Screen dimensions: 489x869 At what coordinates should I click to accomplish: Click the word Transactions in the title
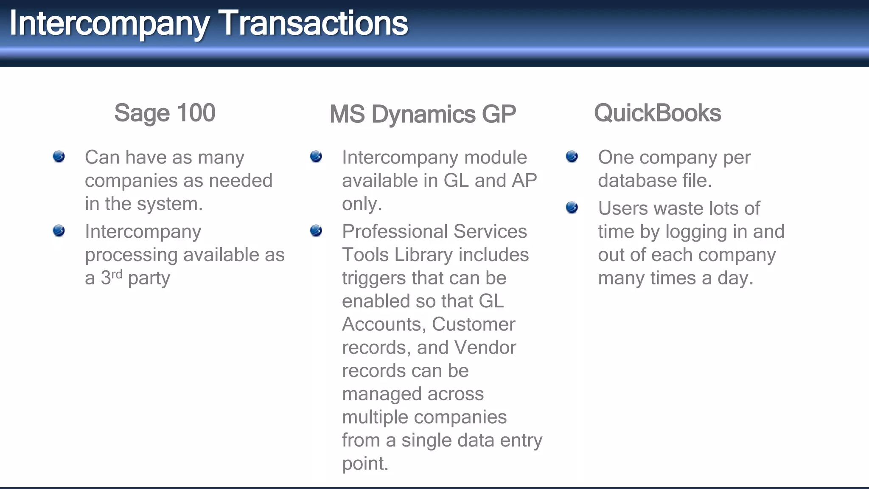coord(314,23)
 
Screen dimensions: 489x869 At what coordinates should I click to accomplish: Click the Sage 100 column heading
coord(165,113)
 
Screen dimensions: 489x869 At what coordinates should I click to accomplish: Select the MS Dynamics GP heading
coord(423,115)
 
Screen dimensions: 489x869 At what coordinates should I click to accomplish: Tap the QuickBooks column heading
coord(657,113)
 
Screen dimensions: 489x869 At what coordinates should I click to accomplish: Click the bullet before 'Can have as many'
coord(59,156)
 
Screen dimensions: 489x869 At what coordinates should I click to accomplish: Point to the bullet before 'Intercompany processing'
coord(59,230)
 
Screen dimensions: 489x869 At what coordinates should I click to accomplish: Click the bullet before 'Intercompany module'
coord(316,156)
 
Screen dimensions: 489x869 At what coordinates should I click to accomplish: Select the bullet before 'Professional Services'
coord(316,230)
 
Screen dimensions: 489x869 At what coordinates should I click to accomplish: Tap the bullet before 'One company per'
coord(572,156)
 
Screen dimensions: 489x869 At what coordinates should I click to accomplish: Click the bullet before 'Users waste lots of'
coord(572,207)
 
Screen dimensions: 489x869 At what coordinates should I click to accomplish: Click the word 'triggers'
coord(374,278)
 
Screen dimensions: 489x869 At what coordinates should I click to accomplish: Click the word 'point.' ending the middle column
coord(365,464)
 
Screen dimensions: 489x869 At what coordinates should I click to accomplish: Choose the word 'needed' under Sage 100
coord(240,181)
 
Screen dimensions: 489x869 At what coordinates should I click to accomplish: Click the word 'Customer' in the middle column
coord(473,324)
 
